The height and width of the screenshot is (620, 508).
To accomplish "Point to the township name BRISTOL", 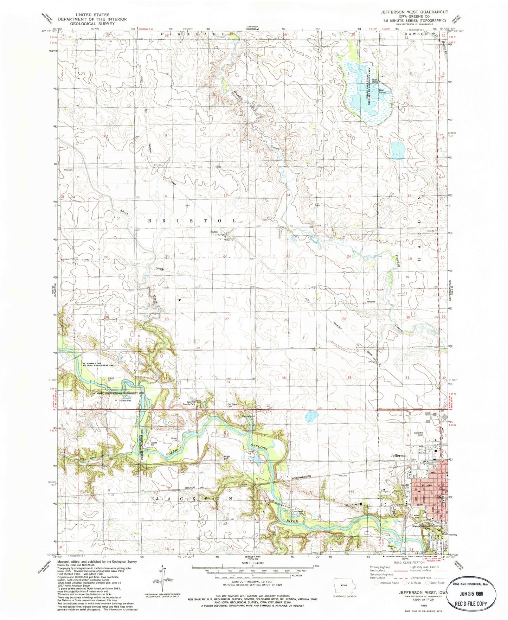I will [x=192, y=220].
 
